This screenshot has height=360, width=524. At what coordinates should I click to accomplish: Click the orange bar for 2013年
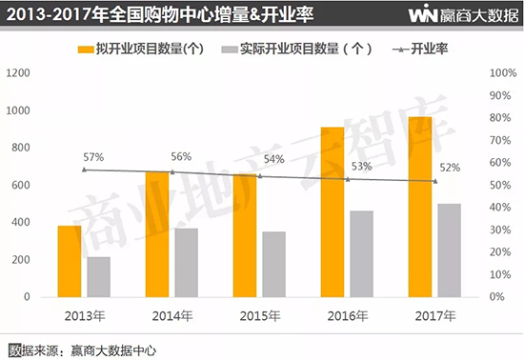click(x=70, y=260)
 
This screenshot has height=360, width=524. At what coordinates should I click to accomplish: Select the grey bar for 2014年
click(x=186, y=262)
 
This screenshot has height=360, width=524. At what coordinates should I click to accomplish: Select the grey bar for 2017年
click(x=449, y=250)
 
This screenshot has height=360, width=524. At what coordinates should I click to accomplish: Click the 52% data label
click(x=450, y=168)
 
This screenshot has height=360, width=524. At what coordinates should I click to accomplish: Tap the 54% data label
click(x=274, y=159)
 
